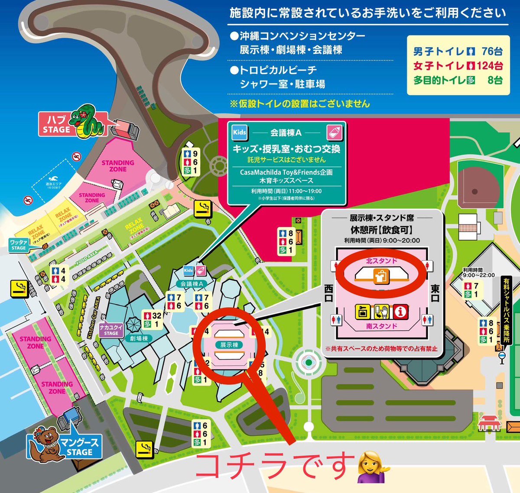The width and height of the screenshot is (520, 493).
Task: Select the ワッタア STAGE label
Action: pyautogui.click(x=18, y=245)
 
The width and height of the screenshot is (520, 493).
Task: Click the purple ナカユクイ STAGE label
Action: pyautogui.click(x=111, y=330)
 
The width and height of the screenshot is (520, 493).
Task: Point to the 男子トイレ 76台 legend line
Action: pyautogui.click(x=458, y=52)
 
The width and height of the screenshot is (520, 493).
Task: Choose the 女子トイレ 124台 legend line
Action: pyautogui.click(x=458, y=66)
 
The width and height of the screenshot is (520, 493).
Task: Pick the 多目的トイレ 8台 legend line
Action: pyautogui.click(x=458, y=80)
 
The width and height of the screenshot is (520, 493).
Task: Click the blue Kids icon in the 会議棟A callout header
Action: pyautogui.click(x=239, y=133)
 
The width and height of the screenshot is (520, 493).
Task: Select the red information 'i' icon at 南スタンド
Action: pyautogui.click(x=401, y=311)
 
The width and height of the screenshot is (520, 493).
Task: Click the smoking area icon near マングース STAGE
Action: pyautogui.click(x=144, y=449)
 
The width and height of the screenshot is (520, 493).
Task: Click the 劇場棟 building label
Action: pyautogui.click(x=139, y=338)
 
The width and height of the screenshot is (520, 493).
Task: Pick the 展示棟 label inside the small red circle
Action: pyautogui.click(x=229, y=345)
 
